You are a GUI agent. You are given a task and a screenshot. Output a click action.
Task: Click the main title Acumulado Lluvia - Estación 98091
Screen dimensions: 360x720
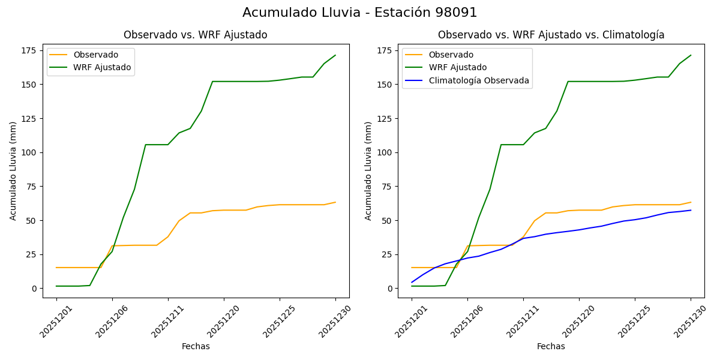coord(360,13)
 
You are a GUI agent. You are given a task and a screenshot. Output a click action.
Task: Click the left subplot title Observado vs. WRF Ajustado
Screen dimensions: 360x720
coord(196,35)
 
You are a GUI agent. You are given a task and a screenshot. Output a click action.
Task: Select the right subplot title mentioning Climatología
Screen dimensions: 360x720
coord(551,35)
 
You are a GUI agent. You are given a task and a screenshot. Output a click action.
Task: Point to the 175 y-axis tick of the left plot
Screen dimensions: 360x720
coord(31,50)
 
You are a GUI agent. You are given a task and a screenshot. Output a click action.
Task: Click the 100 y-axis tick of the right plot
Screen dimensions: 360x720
coord(386,152)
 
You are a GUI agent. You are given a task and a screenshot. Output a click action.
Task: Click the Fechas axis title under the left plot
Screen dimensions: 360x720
coord(196,346)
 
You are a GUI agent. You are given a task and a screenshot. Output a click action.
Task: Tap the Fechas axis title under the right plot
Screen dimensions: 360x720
coord(551,346)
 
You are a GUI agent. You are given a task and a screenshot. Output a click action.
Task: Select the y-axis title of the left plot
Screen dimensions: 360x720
coord(13,171)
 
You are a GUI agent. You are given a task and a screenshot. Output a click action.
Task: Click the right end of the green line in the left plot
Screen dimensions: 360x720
coord(335,55)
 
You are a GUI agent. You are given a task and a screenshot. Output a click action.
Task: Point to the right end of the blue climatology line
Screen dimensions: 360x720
coord(691,210)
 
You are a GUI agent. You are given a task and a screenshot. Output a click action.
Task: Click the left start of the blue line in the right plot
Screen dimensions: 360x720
coord(412,282)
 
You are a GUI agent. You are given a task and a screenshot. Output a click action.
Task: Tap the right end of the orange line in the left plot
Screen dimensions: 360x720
coord(335,202)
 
